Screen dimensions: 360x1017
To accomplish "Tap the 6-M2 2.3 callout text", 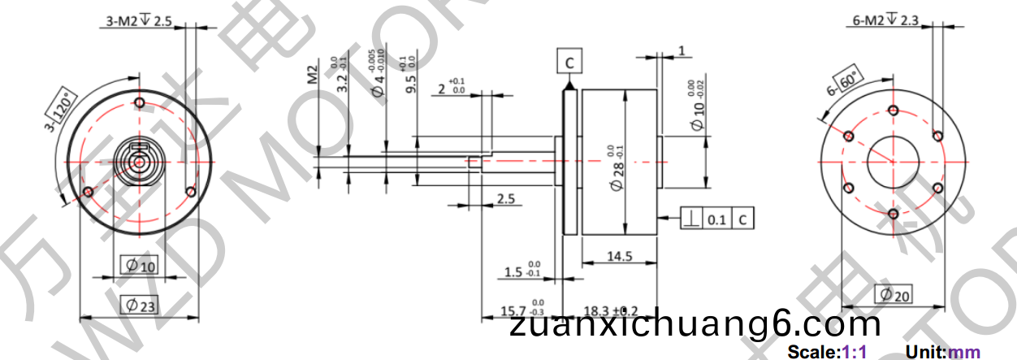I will pyautogui.click(x=885, y=21).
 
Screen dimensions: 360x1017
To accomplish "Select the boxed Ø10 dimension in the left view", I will pyautogui.click(x=138, y=265).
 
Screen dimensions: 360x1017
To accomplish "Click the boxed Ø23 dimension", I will pyautogui.click(x=139, y=305).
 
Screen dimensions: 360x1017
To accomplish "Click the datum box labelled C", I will pyautogui.click(x=569, y=61).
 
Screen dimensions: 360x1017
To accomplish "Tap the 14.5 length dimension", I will pyautogui.click(x=619, y=257).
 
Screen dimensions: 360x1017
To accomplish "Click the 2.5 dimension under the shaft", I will pyautogui.click(x=505, y=198).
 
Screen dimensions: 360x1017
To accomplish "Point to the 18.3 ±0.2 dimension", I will pyautogui.click(x=612, y=311).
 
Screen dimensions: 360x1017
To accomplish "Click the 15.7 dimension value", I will pyautogui.click(x=513, y=311).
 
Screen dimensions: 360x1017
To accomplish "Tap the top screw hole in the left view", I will pyautogui.click(x=140, y=103).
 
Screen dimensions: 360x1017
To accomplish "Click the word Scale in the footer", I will pyautogui.click(x=812, y=353).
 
